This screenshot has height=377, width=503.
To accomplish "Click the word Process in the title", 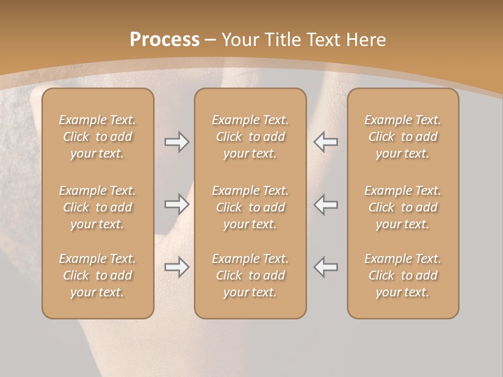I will [165, 40].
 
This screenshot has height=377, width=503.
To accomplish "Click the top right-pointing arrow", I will [177, 142].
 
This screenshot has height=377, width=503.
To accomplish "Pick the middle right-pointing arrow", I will [177, 204].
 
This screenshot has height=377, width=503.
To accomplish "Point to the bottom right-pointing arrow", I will [177, 267].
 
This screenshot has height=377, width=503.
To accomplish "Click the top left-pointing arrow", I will [326, 142].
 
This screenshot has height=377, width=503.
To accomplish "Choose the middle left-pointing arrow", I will [326, 204].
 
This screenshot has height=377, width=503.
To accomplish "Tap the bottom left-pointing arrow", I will [326, 267].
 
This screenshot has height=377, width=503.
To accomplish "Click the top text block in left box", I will [97, 137].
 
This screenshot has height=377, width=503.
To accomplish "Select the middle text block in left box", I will [97, 207].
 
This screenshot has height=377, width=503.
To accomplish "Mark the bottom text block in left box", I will [97, 275].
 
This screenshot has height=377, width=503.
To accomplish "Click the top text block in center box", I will [250, 137].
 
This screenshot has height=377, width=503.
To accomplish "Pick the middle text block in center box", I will [250, 207].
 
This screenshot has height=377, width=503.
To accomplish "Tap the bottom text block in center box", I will [250, 275].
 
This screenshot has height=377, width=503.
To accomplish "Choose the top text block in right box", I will [402, 137].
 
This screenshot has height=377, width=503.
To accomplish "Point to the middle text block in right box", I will [402, 207].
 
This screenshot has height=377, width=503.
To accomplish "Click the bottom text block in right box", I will [402, 275].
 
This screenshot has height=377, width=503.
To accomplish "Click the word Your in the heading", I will [240, 40].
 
